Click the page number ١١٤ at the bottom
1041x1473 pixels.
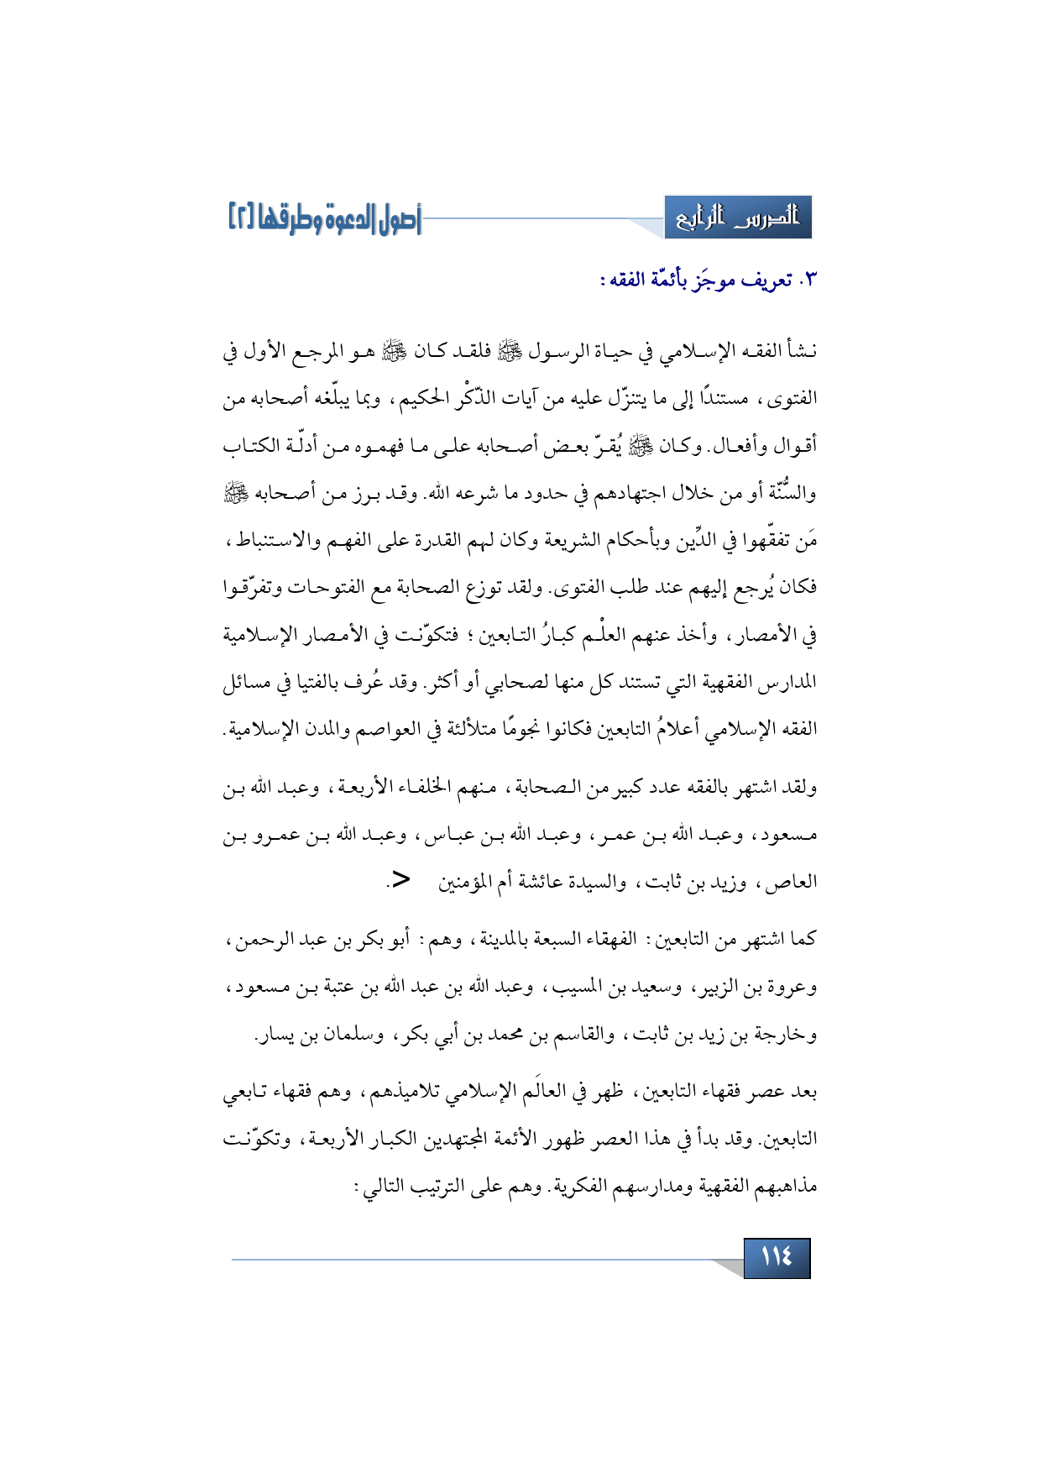tap(777, 1256)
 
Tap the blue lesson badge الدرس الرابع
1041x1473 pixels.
tap(738, 218)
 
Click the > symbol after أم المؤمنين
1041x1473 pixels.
tap(401, 879)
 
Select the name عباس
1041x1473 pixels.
tap(448, 836)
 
